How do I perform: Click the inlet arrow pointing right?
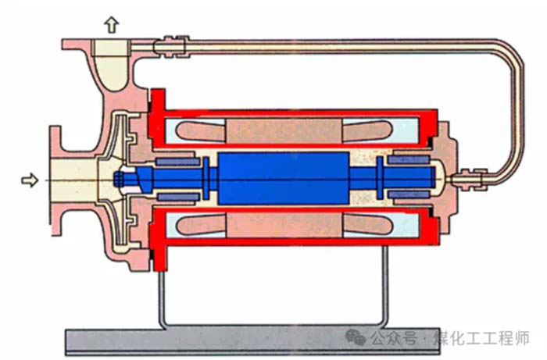pyautogui.click(x=29, y=180)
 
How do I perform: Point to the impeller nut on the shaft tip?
pyautogui.click(x=119, y=179)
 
